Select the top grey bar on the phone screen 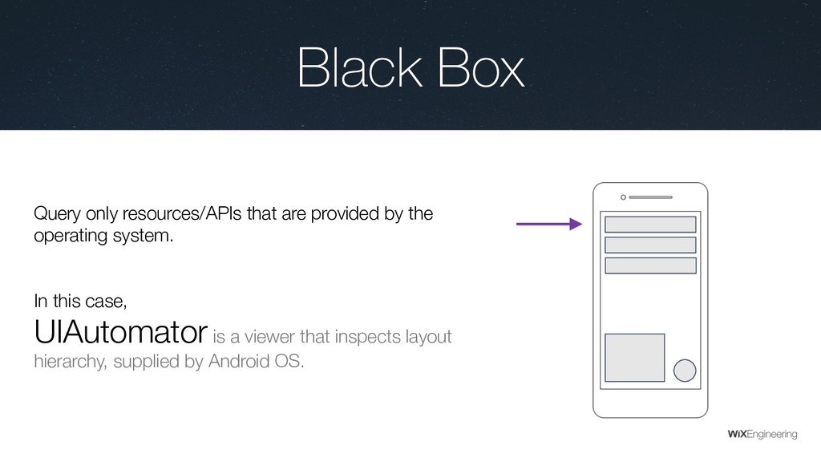[x=650, y=225]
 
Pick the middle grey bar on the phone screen [x=650, y=245]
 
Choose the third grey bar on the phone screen [x=650, y=265]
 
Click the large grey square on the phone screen [x=634, y=358]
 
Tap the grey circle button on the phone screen [x=685, y=370]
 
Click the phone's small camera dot [x=624, y=197]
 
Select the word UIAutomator [x=121, y=330]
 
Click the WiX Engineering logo [x=762, y=434]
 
